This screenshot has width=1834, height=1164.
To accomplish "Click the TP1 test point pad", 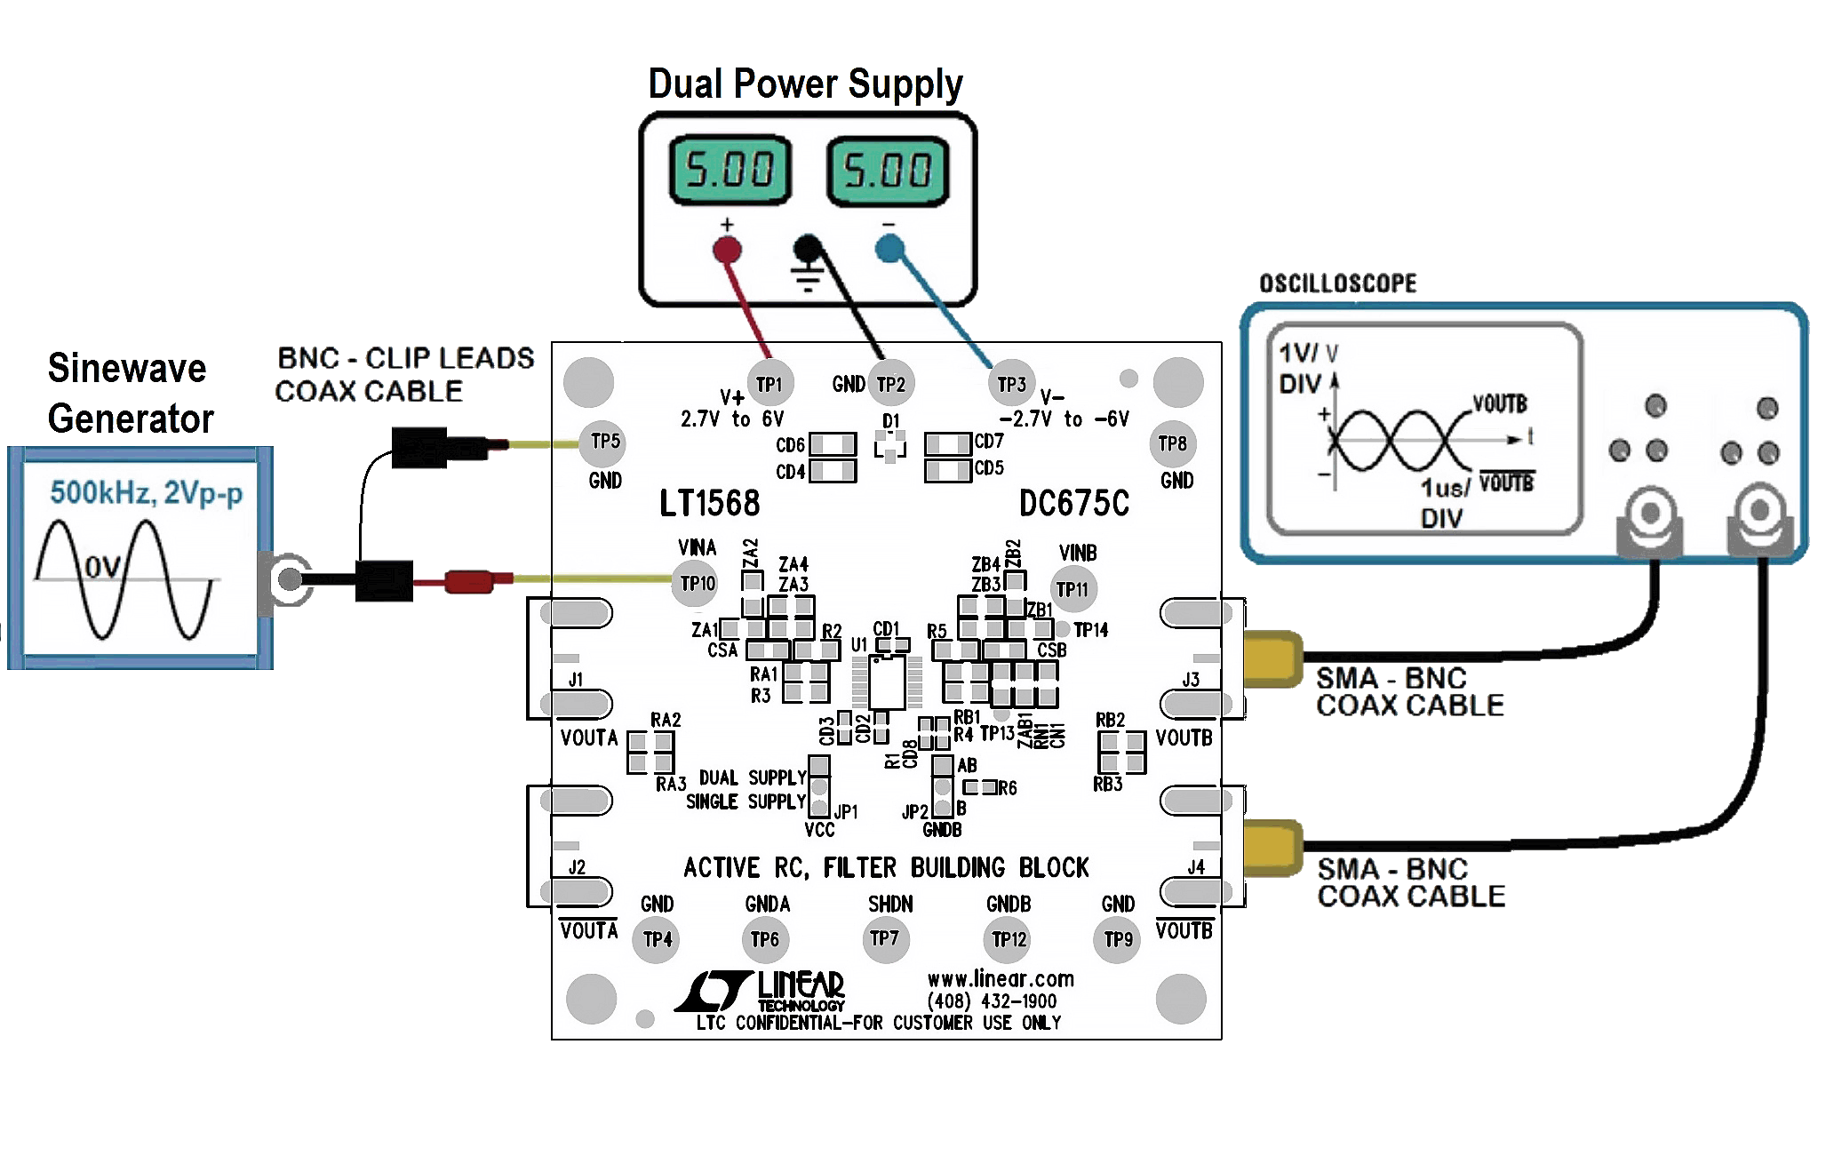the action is (769, 384).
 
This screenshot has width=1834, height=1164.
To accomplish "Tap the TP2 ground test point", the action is (890, 384).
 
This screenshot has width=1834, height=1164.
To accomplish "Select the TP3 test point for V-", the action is (1011, 384).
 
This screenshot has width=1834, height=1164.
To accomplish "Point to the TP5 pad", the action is (605, 442).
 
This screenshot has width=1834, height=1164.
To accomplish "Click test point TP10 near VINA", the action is (697, 584).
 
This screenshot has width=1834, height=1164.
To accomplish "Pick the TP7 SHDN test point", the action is (885, 938).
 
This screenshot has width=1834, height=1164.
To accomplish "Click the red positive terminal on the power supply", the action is (727, 250).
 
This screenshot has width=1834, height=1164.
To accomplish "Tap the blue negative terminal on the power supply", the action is (889, 249).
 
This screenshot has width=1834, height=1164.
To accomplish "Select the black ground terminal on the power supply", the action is (808, 249).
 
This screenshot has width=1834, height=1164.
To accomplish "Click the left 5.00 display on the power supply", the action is (729, 171).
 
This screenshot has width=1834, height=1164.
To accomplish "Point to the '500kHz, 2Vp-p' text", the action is (146, 492).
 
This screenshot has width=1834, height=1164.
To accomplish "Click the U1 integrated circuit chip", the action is (887, 682).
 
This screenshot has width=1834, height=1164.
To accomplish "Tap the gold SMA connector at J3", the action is (1272, 658).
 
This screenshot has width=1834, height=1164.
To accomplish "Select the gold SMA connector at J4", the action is (1272, 848).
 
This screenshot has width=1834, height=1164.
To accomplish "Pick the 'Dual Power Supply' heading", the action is (805, 84).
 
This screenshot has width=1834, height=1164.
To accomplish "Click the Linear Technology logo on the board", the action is (760, 992).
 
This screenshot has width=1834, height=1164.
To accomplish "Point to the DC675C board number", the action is (1073, 504).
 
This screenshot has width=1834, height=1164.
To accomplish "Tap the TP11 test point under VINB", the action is (1072, 588).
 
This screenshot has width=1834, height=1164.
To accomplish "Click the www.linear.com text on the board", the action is (1001, 979).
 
